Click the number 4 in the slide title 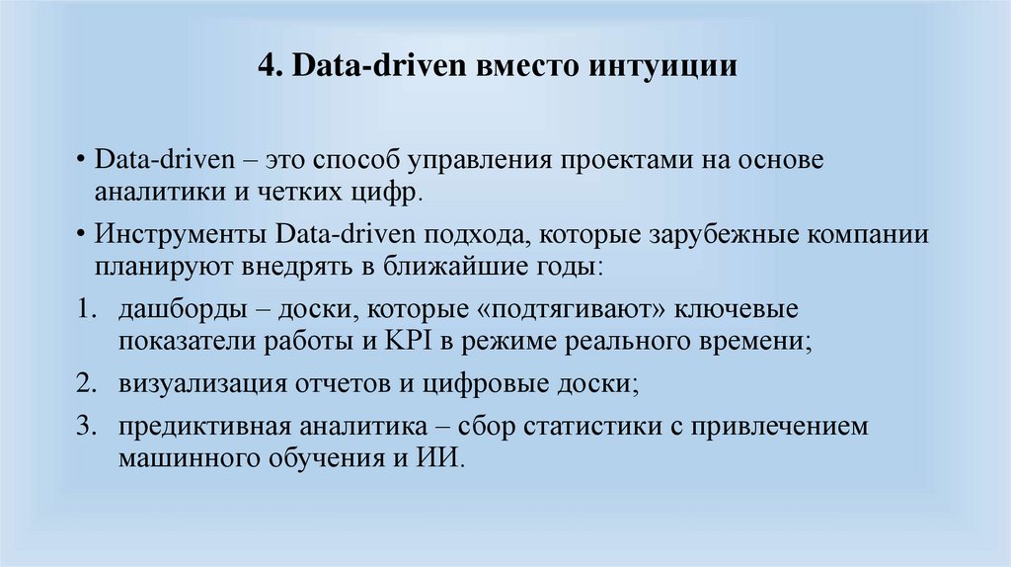pos(265,68)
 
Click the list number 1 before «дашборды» pos(83,311)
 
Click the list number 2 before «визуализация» pos(83,384)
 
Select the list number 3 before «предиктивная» pos(83,428)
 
